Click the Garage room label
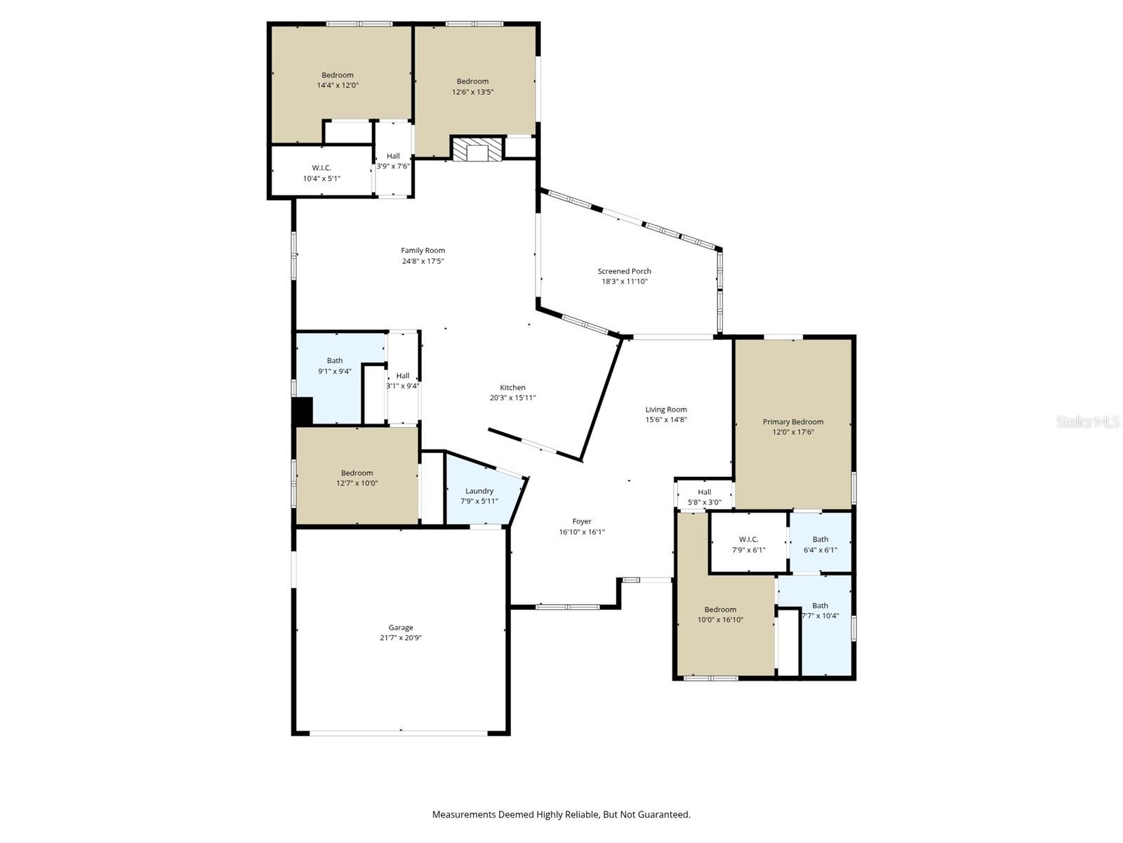tap(401, 627)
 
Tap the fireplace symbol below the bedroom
tap(478, 150)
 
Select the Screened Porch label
tap(624, 270)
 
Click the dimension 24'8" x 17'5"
tap(423, 261)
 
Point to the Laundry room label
tap(479, 491)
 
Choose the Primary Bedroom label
tap(793, 421)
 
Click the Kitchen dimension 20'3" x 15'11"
tap(512, 398)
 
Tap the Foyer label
tap(582, 521)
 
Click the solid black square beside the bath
tap(303, 411)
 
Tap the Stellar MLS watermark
tap(1088, 421)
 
